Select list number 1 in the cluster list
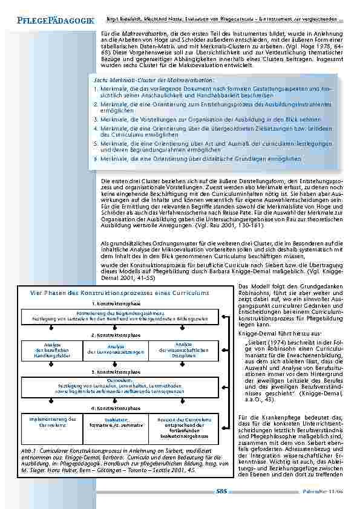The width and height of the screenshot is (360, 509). [95, 88]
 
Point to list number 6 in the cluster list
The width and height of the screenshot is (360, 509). [95, 158]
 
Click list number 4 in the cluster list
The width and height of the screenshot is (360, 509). [95, 128]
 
